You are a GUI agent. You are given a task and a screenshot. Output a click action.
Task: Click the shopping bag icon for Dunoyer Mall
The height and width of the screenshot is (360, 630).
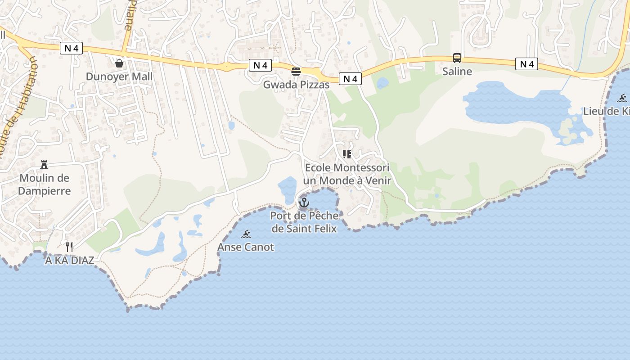point(119,63)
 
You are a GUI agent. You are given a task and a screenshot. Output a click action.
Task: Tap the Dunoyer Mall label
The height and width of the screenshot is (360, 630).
point(119,76)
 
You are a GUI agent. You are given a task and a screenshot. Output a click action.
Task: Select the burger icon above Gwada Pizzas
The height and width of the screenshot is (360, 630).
point(296,72)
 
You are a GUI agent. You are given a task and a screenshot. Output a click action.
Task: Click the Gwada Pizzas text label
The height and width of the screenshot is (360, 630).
point(296,85)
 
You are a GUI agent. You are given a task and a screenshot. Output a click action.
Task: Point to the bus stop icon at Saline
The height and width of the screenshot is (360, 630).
point(457,58)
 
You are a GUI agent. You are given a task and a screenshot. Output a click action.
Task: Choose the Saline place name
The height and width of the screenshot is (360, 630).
point(457,71)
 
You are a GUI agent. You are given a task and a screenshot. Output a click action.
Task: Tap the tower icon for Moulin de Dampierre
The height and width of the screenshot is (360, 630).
point(44,165)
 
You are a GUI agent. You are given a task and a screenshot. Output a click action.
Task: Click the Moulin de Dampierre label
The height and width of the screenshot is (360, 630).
point(45,184)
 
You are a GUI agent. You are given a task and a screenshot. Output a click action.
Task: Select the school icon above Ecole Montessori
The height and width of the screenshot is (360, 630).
point(346,154)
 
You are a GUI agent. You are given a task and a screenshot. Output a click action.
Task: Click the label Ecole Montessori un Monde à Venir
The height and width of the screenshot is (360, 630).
point(347,174)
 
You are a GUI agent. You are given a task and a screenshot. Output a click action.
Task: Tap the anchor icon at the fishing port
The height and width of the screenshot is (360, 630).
point(304,203)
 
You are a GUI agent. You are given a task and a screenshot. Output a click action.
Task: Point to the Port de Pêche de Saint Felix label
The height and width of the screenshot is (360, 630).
point(304,222)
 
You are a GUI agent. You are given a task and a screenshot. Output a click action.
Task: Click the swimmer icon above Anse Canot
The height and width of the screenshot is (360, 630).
point(246,234)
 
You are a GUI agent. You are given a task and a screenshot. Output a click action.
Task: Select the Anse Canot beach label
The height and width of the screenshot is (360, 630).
point(246,247)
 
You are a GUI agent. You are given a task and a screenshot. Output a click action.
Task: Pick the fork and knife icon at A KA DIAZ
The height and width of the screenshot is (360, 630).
point(69,247)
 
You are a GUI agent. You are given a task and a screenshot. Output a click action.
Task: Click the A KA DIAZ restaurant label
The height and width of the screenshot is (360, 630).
point(69,261)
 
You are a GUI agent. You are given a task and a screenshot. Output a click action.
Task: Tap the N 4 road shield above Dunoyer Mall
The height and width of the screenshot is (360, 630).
point(71,48)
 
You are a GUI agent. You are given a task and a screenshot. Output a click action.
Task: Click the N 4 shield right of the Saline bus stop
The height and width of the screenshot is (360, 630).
point(526,64)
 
